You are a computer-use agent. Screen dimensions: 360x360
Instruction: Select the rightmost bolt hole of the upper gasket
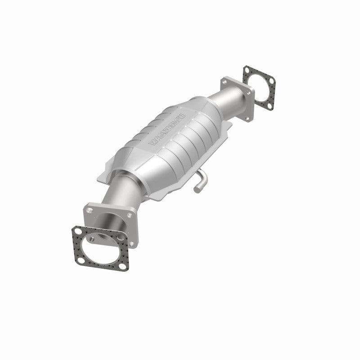tap(272, 81)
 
